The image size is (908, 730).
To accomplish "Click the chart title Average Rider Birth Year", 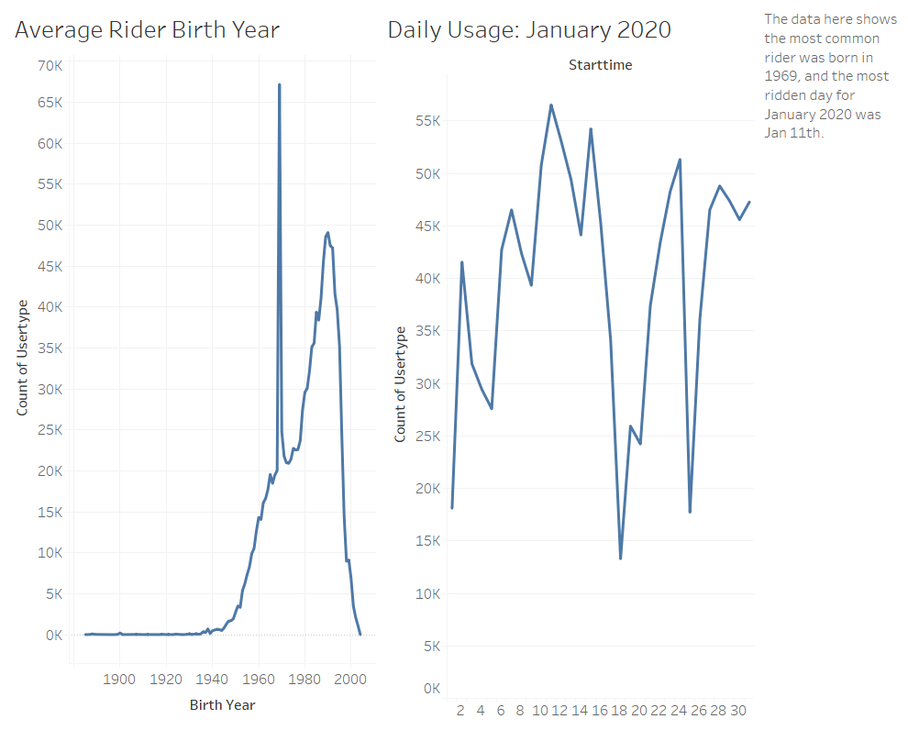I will [x=147, y=30].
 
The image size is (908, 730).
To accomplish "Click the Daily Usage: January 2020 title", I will [x=529, y=30].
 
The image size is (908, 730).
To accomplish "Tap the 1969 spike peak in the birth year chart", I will [x=279, y=84].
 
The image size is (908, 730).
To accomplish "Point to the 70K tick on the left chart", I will [x=50, y=66].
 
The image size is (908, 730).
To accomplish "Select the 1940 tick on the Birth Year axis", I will [x=212, y=679].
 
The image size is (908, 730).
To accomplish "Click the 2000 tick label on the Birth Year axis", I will [x=349, y=679].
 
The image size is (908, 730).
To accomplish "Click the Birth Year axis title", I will [x=222, y=705].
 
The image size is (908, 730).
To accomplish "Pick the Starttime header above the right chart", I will [x=600, y=65].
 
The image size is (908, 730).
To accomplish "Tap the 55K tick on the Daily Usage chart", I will [x=428, y=121].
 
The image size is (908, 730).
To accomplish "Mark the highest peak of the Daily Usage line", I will [x=551, y=105].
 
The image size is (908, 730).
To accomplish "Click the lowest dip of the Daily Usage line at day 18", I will [x=621, y=559].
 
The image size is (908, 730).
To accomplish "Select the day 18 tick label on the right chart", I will [x=620, y=710].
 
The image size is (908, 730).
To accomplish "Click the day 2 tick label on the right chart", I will [x=460, y=710].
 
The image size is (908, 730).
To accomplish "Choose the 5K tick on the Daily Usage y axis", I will [x=432, y=647].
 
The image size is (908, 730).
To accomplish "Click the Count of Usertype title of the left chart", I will [x=22, y=357].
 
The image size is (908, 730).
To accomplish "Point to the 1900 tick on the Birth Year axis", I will [x=119, y=679].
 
